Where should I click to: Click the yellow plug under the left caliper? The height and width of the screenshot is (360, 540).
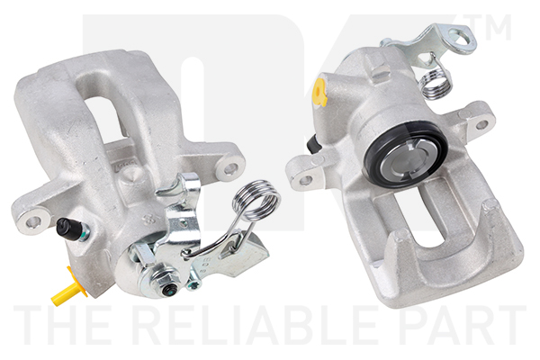[x=69, y=290]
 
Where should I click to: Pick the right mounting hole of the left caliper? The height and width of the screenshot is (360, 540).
[x=229, y=168]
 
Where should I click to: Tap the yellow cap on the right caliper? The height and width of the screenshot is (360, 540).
[x=320, y=91]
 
